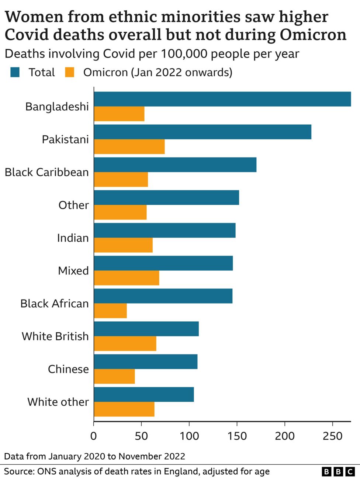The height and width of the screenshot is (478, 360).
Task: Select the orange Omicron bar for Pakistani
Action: [129, 147]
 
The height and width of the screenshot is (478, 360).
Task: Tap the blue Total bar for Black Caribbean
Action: [175, 164]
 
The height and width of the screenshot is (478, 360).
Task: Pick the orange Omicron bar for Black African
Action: [110, 311]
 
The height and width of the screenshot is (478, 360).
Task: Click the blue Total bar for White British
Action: [146, 329]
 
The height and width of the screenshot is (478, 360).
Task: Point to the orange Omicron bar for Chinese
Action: [114, 377]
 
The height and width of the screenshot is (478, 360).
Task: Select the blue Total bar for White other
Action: [144, 394]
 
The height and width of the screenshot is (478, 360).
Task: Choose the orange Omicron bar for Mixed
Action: [127, 278]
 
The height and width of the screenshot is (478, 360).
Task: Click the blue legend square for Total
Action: [15, 72]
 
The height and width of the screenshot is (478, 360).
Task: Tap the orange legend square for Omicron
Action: [69, 72]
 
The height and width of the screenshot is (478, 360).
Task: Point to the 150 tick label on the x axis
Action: [237, 436]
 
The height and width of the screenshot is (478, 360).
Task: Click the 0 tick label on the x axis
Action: [94, 436]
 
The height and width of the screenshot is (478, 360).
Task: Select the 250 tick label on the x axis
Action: [332, 436]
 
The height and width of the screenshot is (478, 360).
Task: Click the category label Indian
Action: [73, 238]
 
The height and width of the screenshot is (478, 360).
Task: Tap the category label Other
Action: [73, 205]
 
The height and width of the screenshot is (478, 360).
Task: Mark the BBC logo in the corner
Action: [338, 471]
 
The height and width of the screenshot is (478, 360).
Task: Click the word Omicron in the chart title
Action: [313, 35]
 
